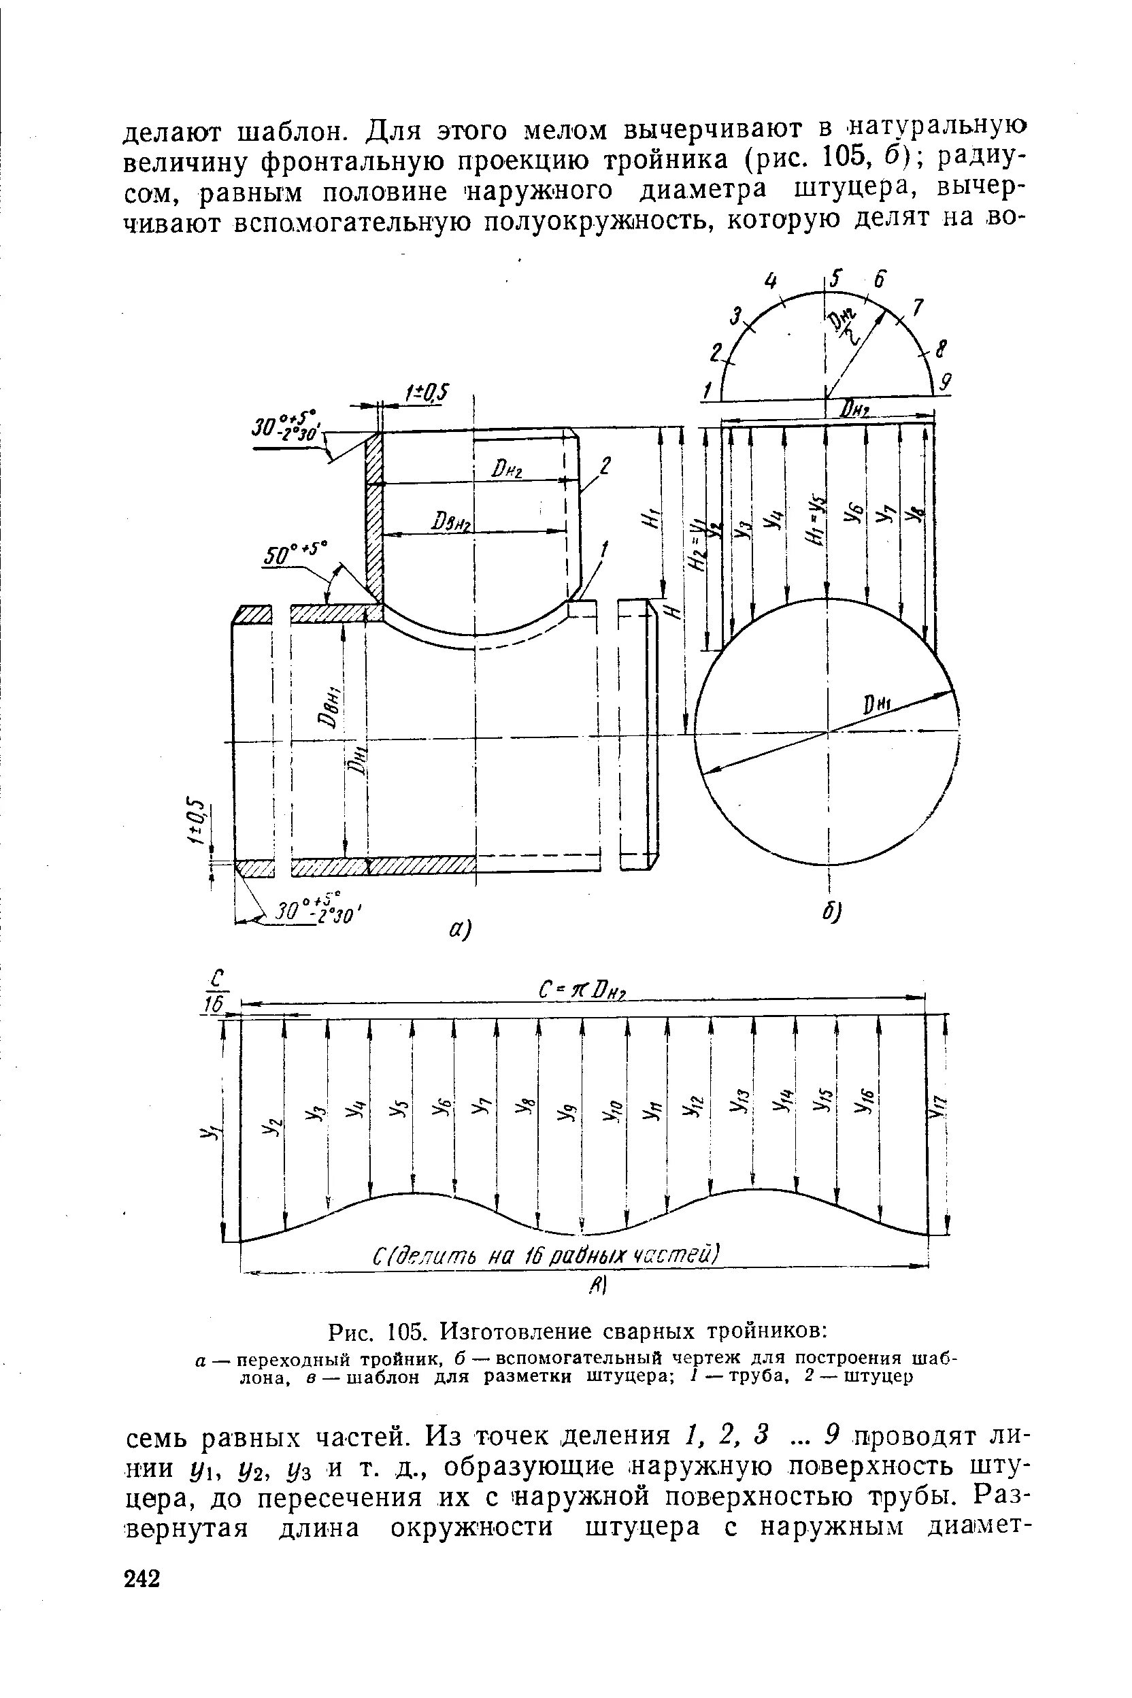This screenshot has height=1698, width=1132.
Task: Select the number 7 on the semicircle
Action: (x=917, y=307)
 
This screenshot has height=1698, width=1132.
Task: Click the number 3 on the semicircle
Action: (x=735, y=316)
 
